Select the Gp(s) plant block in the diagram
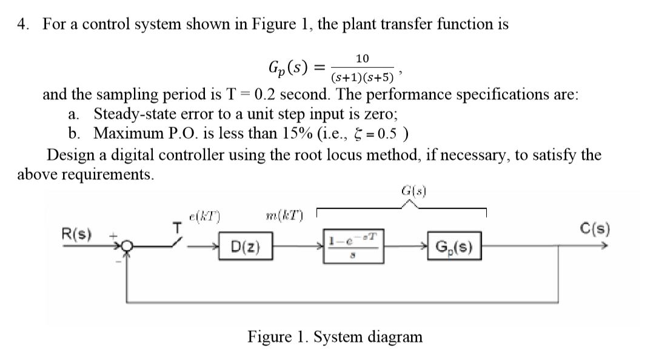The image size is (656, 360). [455, 248]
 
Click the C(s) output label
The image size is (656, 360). [595, 230]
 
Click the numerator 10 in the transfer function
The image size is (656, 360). [362, 59]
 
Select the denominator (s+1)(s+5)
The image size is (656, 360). [363, 77]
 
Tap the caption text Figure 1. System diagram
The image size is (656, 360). [335, 337]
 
